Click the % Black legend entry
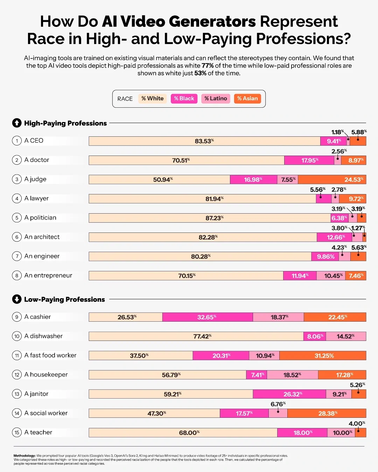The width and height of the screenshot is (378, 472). [x=184, y=99]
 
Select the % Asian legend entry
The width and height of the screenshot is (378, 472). [x=247, y=99]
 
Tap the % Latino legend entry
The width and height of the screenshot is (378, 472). [x=216, y=99]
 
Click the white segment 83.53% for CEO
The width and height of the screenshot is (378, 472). [x=204, y=141]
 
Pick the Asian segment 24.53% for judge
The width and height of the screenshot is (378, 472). [x=332, y=179]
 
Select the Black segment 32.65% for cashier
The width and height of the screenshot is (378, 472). [x=207, y=317]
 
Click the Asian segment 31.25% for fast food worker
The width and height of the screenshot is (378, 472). [x=323, y=356]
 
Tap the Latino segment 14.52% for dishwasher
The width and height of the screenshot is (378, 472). [x=346, y=336]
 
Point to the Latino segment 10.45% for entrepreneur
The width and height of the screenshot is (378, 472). [x=331, y=276]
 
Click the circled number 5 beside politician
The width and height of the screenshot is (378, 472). [x=17, y=218]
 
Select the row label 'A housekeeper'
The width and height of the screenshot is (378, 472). [x=46, y=374]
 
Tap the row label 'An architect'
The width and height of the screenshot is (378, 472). [x=42, y=237]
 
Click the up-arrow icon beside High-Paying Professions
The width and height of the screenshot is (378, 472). [x=17, y=123]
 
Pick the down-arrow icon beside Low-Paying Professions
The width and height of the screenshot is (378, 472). [x=17, y=299]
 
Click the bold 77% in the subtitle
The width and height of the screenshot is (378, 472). [x=207, y=66]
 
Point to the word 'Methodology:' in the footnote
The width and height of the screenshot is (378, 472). [x=24, y=456]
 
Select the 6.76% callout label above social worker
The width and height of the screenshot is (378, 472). [x=278, y=404]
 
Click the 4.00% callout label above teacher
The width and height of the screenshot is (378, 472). [x=357, y=423]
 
